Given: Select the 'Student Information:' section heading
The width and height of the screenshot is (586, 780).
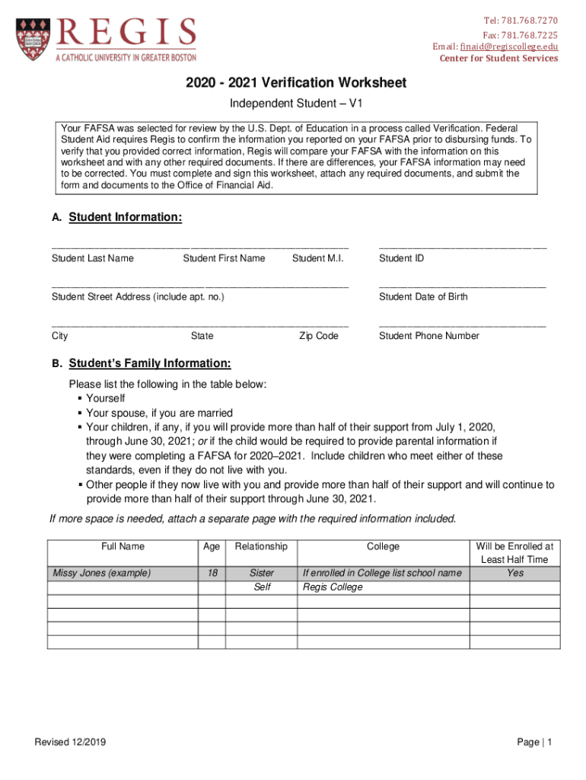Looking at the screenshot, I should point(126,218).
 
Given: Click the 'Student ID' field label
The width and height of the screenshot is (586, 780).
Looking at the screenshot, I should point(401,258).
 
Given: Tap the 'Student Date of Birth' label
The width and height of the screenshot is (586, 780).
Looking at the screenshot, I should point(423,296).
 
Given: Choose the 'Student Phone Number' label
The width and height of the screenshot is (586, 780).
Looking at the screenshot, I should point(429,336).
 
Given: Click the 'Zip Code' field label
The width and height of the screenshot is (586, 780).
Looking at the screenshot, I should point(318,336).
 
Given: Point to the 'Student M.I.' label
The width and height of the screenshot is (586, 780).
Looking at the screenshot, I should point(318,258).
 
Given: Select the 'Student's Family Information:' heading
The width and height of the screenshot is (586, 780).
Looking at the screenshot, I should point(150,363).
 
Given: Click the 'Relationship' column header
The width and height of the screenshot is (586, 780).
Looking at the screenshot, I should point(261,546).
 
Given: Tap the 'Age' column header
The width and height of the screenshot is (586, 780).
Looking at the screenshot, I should point(212,546).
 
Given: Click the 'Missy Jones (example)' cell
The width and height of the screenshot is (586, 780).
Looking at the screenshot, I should point(101,573).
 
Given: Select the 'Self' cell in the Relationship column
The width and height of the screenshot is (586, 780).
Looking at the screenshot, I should point(262,587).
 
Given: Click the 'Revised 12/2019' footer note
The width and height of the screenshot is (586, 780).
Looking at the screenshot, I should point(71,743).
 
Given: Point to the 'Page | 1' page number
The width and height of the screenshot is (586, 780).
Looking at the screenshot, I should point(534,743).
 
